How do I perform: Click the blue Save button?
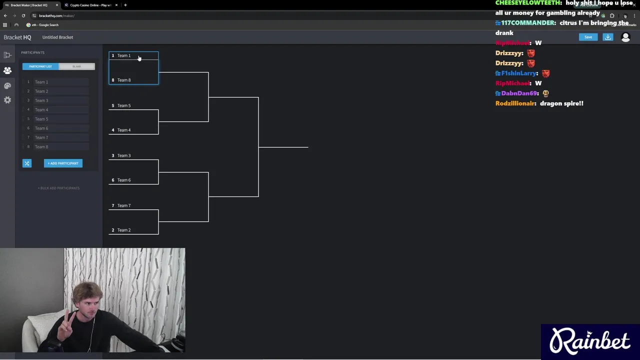point(588,37)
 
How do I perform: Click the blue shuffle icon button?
point(27,163)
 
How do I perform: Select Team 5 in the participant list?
point(41,119)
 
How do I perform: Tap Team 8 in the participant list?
point(41,147)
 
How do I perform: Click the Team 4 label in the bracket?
point(123,130)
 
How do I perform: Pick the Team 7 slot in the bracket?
point(123,205)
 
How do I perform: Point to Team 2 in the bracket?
point(123,230)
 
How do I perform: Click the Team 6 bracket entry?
point(123,180)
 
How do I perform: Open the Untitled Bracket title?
point(57,37)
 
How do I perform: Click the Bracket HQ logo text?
point(17,37)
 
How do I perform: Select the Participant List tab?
point(40,66)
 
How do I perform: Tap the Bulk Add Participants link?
point(58,188)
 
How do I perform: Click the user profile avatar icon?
point(625,37)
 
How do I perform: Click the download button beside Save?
point(608,37)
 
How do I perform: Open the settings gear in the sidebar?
point(7,100)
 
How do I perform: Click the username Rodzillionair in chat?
point(515,103)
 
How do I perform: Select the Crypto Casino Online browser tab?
point(90,5)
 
